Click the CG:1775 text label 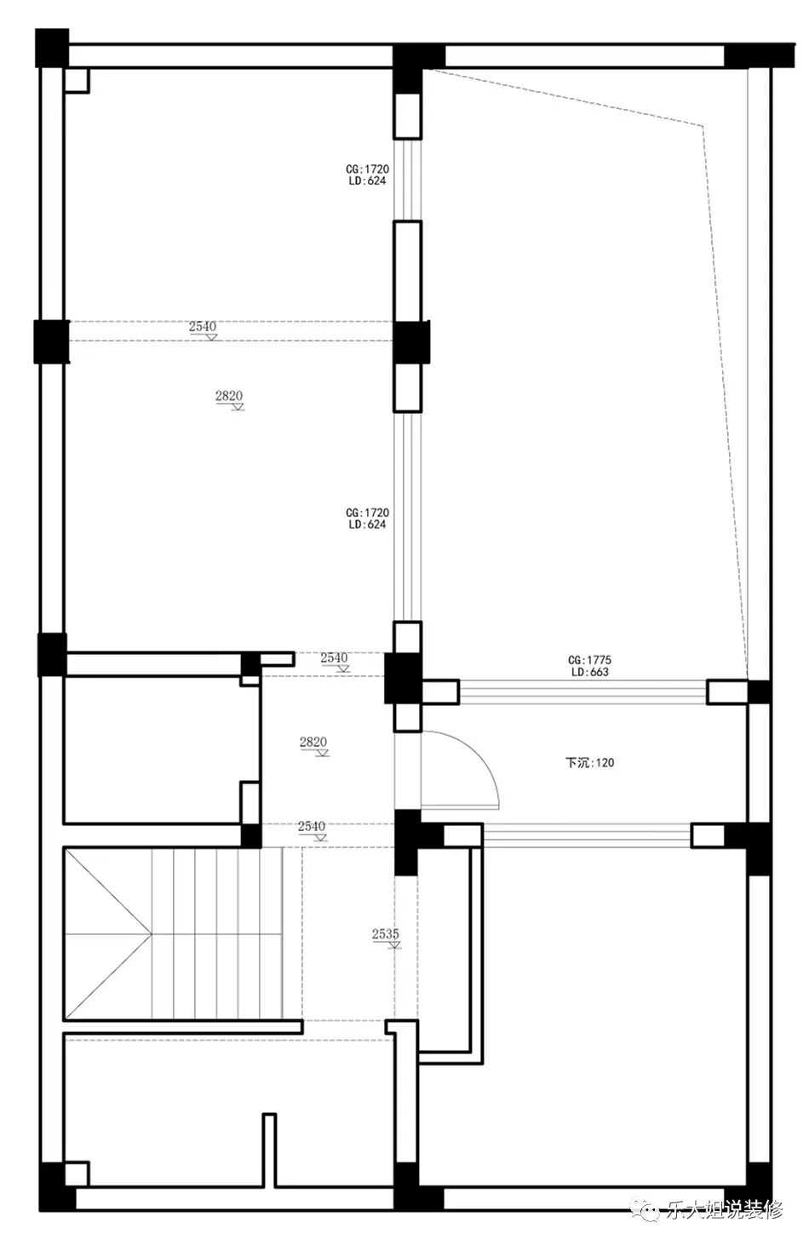(x=589, y=660)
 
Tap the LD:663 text (x=589, y=672)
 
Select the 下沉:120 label (x=589, y=762)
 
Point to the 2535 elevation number (x=386, y=933)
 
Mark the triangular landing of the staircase (x=107, y=933)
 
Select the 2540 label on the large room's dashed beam (x=203, y=326)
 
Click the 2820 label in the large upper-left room (x=229, y=396)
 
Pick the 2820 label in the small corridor (x=313, y=742)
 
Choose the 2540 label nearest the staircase (x=311, y=827)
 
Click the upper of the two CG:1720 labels (x=367, y=169)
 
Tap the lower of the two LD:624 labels (x=367, y=524)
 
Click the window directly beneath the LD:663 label (x=582, y=692)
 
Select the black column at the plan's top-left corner (x=52, y=49)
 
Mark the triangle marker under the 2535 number (x=394, y=944)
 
